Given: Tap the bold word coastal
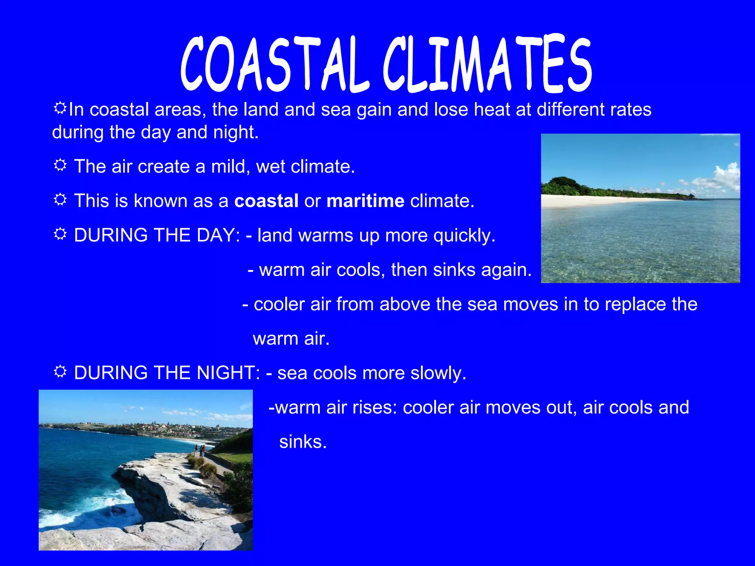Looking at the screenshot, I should (266, 201).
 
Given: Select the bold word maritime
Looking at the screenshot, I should (365, 201).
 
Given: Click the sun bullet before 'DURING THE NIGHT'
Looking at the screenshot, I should (60, 371).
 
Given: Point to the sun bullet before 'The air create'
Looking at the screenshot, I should (60, 165).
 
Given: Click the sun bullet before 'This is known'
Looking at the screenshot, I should (60, 199).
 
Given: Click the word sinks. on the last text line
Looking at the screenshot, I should (303, 441).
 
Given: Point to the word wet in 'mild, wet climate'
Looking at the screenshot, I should (270, 167).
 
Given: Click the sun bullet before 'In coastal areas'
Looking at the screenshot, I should (60, 108).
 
